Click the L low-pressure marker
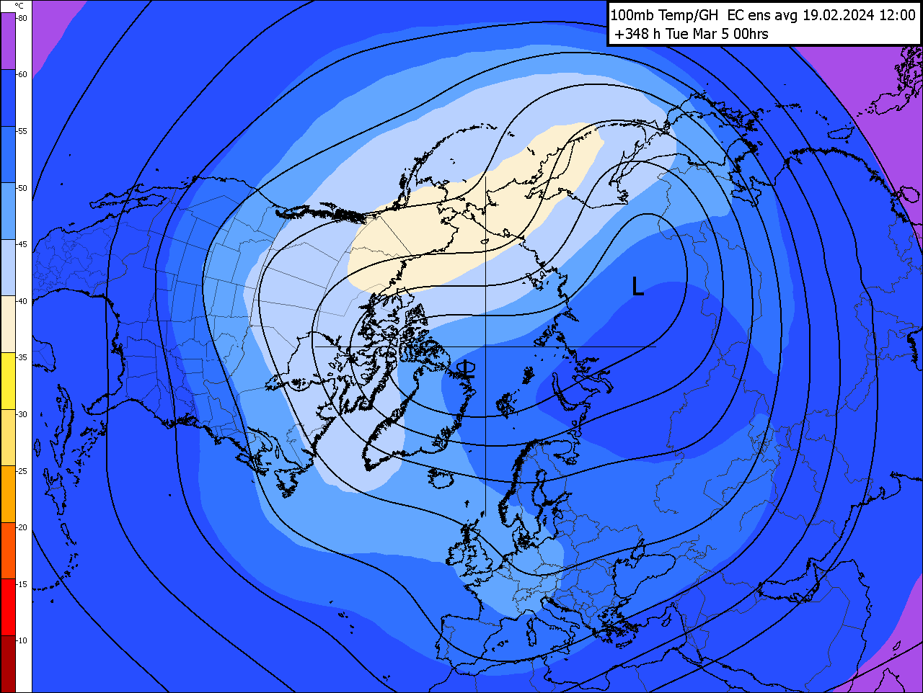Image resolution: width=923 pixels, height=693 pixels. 637,287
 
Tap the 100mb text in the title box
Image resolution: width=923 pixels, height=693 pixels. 632,15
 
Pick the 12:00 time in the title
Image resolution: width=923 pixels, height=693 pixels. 897,15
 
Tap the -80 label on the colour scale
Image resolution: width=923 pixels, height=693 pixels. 22,18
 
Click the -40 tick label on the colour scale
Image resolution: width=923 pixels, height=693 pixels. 22,301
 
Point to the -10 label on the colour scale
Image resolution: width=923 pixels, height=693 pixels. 22,640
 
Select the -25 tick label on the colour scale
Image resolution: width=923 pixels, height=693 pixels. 22,471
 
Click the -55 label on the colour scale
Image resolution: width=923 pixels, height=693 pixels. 22,131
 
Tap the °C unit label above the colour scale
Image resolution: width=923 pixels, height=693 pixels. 19,6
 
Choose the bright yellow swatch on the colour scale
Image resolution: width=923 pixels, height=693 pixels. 8,380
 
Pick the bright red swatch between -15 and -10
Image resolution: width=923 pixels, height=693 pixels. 8,607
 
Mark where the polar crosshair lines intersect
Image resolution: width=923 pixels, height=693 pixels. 485,346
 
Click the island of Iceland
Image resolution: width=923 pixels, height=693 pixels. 444,478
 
